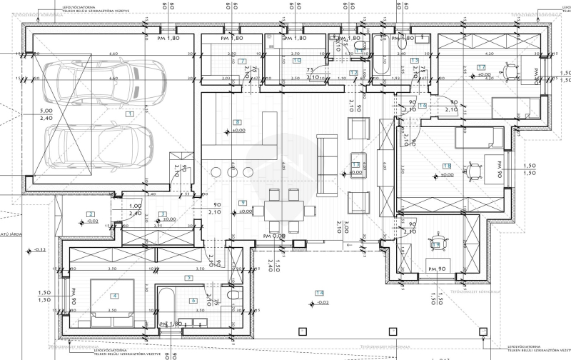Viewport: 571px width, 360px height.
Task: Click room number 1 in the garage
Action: tap(129, 114)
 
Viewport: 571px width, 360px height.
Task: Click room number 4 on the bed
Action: tap(114, 295)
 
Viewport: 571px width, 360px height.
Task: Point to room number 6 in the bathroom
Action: tap(193, 301)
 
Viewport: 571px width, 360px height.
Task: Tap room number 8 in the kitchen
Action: tap(238, 122)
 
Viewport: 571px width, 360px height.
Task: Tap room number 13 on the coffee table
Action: tap(355, 165)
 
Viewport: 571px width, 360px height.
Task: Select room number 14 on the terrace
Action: tap(320, 293)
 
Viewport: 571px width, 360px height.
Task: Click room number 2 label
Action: tap(91, 214)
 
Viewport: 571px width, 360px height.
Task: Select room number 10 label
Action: tap(296, 61)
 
